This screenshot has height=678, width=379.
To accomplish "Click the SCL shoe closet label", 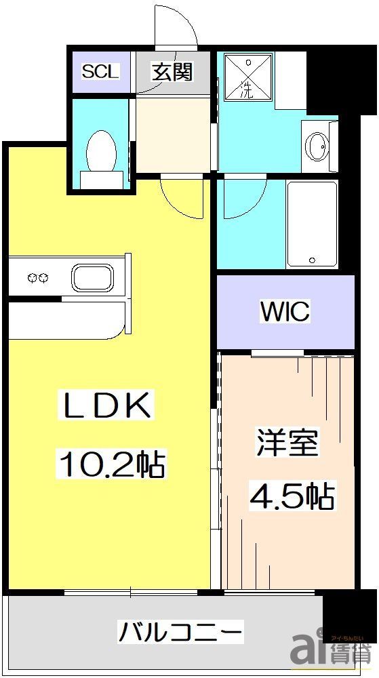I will pyautogui.click(x=100, y=71).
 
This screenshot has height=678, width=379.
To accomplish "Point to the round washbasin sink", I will pyautogui.click(x=316, y=145).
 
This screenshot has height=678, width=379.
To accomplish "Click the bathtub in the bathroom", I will pyautogui.click(x=311, y=224).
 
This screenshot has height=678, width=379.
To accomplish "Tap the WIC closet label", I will pyautogui.click(x=285, y=312).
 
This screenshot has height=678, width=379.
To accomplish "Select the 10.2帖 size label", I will pyautogui.click(x=113, y=465).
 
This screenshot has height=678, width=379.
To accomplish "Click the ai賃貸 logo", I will pyautogui.click(x=332, y=652).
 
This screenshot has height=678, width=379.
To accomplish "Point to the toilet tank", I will pyautogui.click(x=101, y=180).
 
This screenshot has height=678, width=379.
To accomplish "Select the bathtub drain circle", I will pyautogui.click(x=311, y=260).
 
